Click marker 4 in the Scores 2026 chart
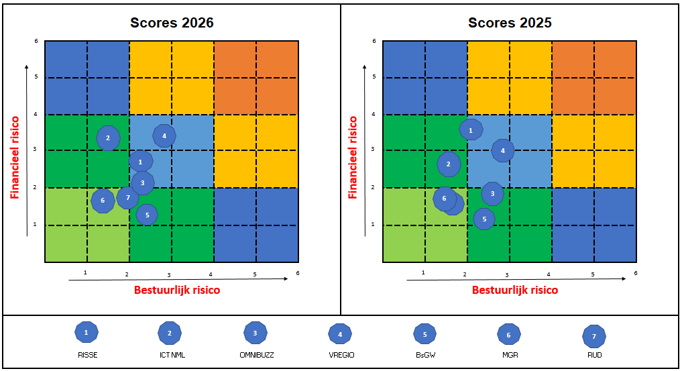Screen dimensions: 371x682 tap(164, 136)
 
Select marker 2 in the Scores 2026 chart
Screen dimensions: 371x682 tap(108, 138)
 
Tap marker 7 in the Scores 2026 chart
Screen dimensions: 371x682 tap(127, 197)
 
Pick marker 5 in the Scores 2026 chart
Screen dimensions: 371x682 tap(147, 215)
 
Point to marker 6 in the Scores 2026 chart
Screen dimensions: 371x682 tap(103, 200)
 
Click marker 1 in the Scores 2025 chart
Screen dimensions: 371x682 tap(471, 129)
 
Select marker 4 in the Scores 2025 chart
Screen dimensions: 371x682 tap(503, 151)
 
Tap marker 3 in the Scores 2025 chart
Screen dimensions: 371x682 tap(492, 194)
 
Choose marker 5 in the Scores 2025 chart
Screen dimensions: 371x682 tap(484, 219)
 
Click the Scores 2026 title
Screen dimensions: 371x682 tap(172, 23)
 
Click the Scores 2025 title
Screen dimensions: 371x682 tap(510, 23)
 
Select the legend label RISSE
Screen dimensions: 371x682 tap(86, 355)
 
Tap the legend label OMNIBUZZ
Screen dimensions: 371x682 tap(255, 355)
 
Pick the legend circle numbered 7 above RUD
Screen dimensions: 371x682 tap(594, 335)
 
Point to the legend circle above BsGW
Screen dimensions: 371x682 tap(424, 333)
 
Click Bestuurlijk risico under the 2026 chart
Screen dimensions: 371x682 tap(177, 290)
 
